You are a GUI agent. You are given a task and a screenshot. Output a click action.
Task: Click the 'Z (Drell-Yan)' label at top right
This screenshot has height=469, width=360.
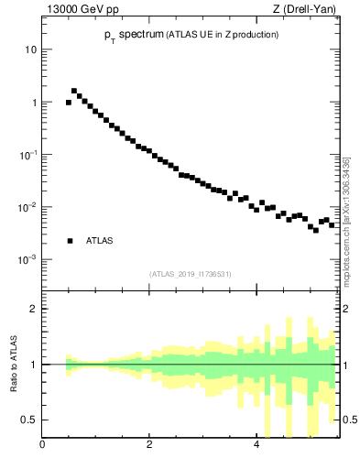(x=309, y=10)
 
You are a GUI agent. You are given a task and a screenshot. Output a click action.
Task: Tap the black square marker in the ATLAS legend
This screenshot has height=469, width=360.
(x=70, y=241)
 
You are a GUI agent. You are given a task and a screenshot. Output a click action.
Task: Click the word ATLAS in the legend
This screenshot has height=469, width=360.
(x=99, y=241)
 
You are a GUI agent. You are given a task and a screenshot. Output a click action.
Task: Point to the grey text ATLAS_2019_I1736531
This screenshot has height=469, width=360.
(x=191, y=274)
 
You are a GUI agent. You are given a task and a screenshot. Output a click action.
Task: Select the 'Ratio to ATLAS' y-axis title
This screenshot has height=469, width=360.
(x=14, y=364)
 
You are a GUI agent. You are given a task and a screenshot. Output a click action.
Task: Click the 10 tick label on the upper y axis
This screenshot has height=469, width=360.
(x=30, y=49)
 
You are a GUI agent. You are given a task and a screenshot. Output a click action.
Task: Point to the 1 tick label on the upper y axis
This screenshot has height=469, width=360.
(x=33, y=103)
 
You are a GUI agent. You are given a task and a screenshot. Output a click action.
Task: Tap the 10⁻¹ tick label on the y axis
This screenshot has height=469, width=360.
(x=28, y=155)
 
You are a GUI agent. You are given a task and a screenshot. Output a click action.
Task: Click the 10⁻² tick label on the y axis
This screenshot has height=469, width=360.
(x=28, y=208)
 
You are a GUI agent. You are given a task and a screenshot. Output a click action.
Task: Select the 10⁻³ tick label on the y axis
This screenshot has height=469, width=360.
(x=28, y=260)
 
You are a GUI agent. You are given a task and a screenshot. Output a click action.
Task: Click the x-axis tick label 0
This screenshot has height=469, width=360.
(x=42, y=446)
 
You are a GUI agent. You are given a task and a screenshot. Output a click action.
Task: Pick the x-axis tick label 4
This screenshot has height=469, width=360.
(x=256, y=446)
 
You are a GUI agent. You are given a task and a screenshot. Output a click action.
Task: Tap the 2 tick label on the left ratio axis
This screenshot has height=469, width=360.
(x=33, y=309)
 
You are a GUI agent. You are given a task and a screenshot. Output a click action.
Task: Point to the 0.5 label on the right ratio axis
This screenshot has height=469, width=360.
(x=349, y=420)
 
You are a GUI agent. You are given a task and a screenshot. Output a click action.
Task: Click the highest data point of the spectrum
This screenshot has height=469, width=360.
(x=74, y=91)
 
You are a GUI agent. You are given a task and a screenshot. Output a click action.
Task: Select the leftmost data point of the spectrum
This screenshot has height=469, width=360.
(x=69, y=103)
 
